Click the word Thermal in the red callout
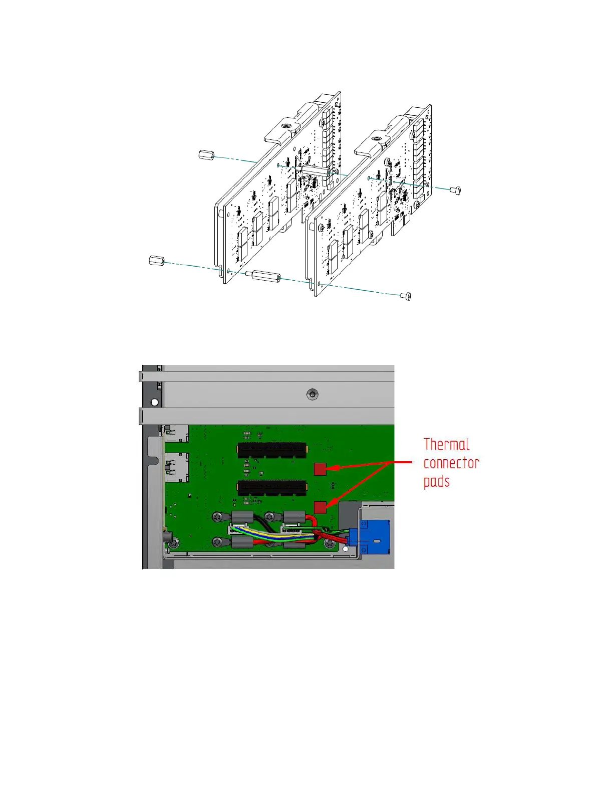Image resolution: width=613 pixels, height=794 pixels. [x=446, y=445]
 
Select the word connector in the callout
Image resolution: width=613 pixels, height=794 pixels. [x=451, y=463]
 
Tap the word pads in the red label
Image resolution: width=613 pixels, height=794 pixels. [x=436, y=482]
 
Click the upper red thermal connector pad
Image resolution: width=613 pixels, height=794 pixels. [x=320, y=469]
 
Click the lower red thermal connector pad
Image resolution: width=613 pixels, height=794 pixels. [x=320, y=507]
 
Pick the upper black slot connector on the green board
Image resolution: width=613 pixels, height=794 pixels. [x=271, y=450]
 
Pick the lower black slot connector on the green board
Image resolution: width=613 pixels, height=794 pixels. [x=271, y=487]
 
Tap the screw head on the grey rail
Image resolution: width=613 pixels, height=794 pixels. [x=312, y=394]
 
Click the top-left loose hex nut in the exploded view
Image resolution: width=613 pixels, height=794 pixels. [x=206, y=155]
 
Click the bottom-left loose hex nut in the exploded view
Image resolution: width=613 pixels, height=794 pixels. [x=156, y=260]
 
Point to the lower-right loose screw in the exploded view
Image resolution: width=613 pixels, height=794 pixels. [x=406, y=296]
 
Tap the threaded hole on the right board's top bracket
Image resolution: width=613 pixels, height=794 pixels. [x=377, y=139]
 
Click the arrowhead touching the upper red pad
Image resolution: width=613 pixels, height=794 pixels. [x=331, y=468]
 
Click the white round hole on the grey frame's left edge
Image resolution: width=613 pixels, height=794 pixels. [x=155, y=402]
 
